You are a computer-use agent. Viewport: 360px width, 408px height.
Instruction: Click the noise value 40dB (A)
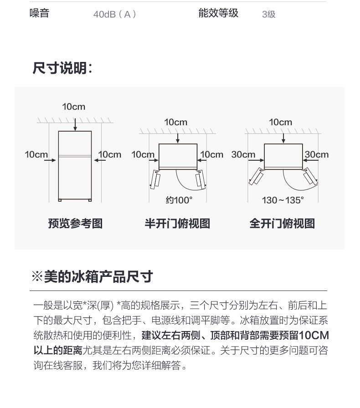click(x=115, y=14)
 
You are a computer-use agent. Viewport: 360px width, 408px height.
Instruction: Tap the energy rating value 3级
click(x=268, y=14)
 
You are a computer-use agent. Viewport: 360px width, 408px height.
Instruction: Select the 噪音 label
click(x=39, y=13)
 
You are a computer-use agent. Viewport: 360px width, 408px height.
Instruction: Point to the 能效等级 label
click(x=218, y=13)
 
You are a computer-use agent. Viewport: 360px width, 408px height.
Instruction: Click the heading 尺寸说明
click(x=62, y=68)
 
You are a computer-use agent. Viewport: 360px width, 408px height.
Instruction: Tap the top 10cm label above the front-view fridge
click(x=74, y=107)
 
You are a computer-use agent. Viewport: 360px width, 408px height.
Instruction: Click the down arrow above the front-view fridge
click(x=75, y=125)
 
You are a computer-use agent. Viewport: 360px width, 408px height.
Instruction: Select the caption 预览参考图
click(x=75, y=224)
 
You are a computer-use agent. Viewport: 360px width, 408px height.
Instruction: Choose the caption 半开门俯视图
click(x=177, y=224)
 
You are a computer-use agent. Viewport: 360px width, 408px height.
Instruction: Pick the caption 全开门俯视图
click(x=282, y=224)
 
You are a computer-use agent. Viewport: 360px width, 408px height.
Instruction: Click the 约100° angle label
click(x=179, y=200)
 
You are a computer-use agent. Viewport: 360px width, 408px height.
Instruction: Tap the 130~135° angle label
click(x=283, y=200)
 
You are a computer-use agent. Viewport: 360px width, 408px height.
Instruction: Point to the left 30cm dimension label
click(x=243, y=154)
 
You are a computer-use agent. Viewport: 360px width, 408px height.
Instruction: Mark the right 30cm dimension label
click(x=317, y=154)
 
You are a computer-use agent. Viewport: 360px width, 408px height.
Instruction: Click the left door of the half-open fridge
click(x=155, y=179)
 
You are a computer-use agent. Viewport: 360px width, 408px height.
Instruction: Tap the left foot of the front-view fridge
click(x=60, y=200)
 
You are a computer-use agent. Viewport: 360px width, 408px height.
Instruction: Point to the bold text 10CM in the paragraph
click(x=314, y=335)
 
